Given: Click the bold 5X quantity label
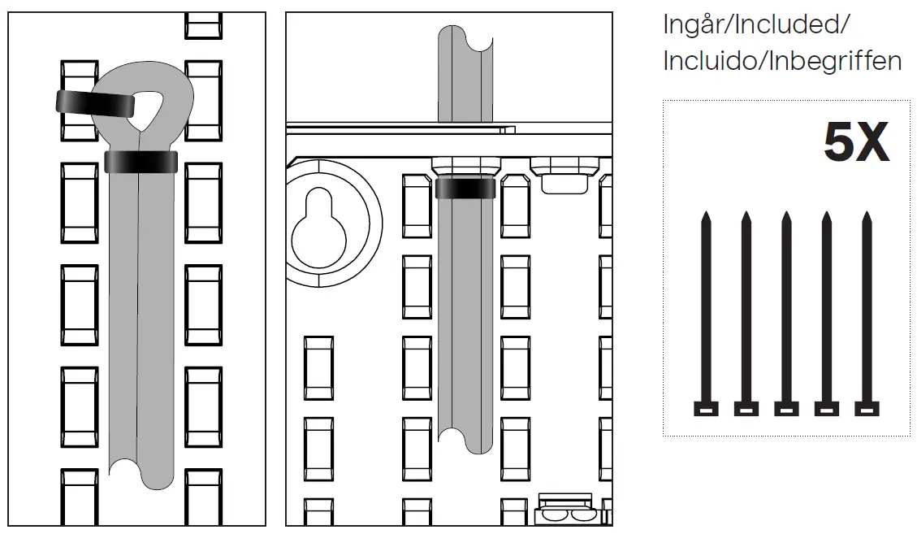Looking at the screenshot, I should (856, 144).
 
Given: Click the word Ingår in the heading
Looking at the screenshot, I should (695, 24).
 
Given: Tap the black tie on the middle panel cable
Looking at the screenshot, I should (465, 189).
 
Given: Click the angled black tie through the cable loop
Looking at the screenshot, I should (95, 103).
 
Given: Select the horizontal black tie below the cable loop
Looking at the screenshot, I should (141, 161).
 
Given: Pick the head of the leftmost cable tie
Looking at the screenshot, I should (706, 408).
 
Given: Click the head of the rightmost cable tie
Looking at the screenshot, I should (867, 408).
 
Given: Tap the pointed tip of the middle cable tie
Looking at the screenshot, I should (786, 216).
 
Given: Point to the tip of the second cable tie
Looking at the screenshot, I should (746, 216).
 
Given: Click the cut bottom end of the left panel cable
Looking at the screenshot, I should (142, 475).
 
